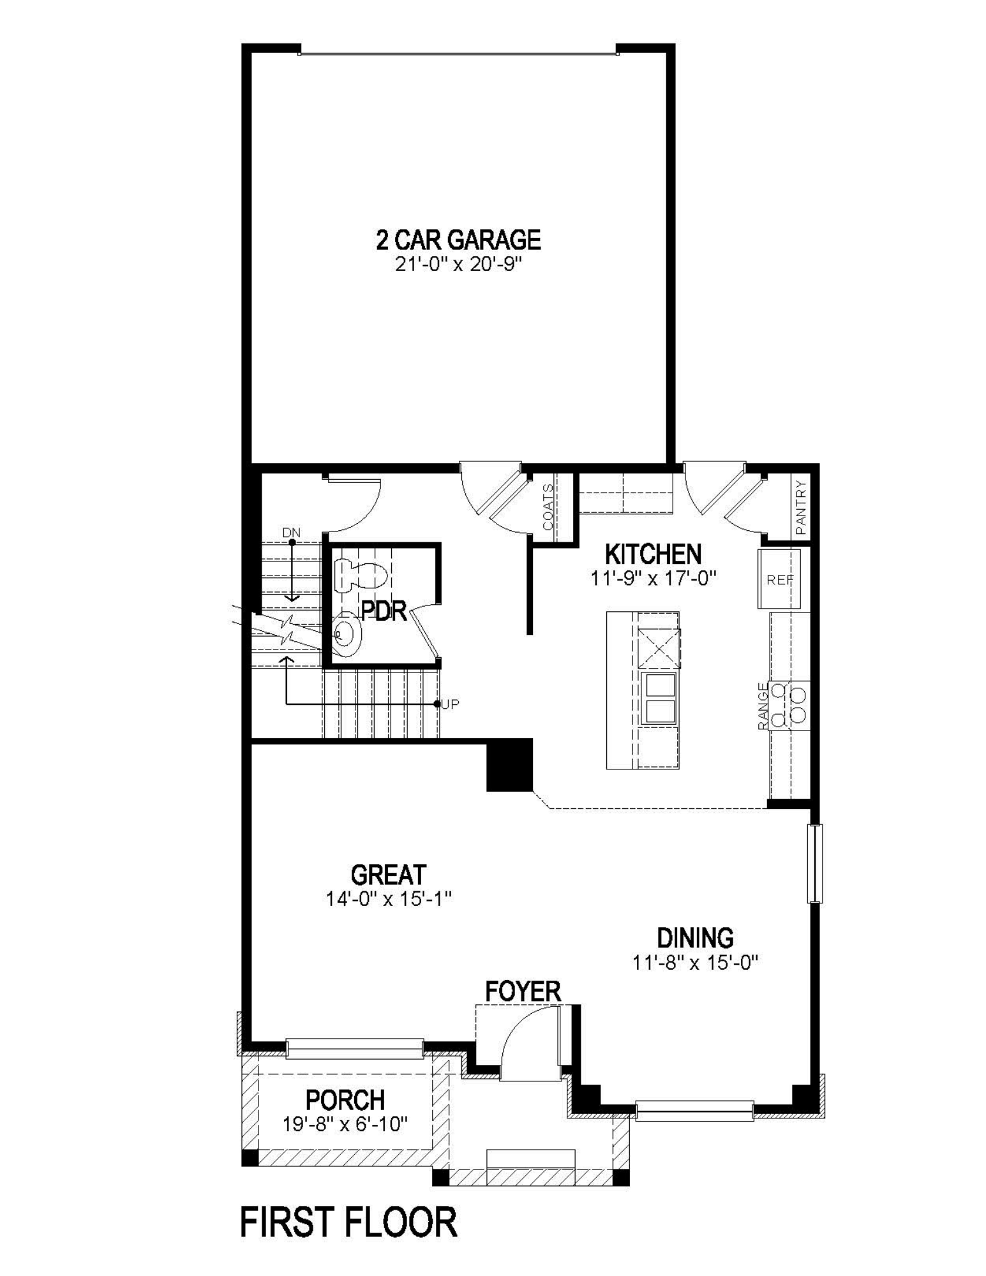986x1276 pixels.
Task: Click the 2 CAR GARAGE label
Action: click(x=458, y=241)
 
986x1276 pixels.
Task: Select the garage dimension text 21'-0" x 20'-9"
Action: click(x=458, y=264)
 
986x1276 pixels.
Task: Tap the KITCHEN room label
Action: click(x=653, y=554)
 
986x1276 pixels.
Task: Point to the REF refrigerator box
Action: click(x=779, y=579)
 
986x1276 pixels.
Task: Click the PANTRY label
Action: click(x=801, y=507)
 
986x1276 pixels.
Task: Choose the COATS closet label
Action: click(x=548, y=507)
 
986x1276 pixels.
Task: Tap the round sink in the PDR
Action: click(x=348, y=634)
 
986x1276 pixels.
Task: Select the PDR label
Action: click(x=384, y=611)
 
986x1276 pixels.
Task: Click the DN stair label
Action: click(x=291, y=533)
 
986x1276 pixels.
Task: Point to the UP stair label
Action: click(x=450, y=704)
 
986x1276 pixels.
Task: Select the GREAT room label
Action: click(x=388, y=875)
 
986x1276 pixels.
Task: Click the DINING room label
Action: click(x=695, y=938)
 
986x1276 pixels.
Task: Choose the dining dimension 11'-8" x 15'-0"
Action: click(x=695, y=962)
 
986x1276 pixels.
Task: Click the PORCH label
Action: click(x=345, y=1100)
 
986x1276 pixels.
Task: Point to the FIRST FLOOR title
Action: click(x=348, y=1222)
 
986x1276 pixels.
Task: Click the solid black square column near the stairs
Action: click(x=509, y=765)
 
